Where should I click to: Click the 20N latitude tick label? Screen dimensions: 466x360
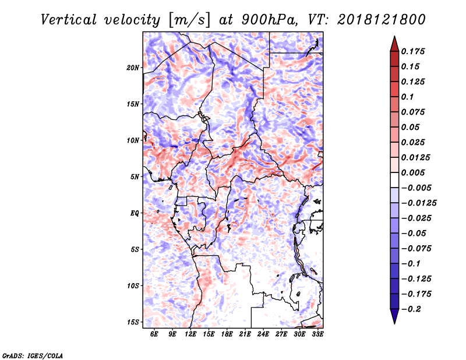tap(133, 68)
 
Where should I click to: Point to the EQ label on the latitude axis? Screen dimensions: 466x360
tap(135, 213)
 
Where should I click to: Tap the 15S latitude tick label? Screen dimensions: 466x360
tap(133, 322)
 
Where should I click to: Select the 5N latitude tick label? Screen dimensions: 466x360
tap(135, 177)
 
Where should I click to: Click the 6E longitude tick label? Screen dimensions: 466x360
tap(154, 334)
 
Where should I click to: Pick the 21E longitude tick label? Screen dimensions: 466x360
tap(245, 334)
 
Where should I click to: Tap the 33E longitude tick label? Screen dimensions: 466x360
tap(317, 334)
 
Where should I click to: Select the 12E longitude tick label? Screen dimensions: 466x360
tap(190, 334)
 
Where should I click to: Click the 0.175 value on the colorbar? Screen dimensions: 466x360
tap(413, 51)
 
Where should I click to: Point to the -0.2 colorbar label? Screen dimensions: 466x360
tap(411, 309)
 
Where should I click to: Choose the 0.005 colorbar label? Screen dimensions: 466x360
tap(413, 172)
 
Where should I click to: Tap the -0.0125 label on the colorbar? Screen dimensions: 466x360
tap(419, 203)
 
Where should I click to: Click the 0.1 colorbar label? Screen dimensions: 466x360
tap(407, 97)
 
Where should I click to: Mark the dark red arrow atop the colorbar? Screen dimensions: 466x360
tap(394, 44)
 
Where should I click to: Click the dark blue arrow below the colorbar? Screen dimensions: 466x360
tap(394, 316)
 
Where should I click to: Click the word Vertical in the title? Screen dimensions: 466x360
tap(69, 20)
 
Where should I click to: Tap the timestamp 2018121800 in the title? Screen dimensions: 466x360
tap(382, 20)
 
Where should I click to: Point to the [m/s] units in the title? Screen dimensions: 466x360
tap(189, 20)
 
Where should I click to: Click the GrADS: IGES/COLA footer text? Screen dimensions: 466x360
tap(33, 355)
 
